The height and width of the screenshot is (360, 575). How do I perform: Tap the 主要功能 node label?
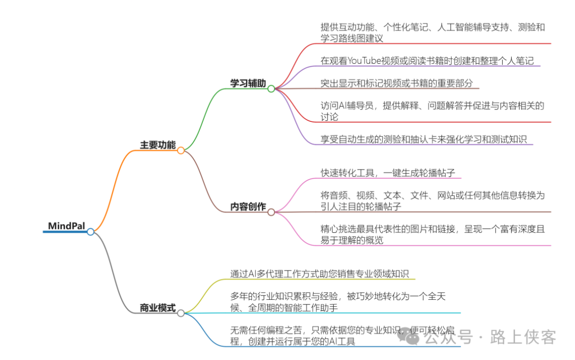[158, 145]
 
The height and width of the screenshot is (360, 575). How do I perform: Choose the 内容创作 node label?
[248, 207]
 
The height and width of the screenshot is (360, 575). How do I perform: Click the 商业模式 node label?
[158, 308]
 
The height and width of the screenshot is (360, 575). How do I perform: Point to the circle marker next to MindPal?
[91, 232]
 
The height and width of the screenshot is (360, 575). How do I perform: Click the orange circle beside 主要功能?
[181, 151]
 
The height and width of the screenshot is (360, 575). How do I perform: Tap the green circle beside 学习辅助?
[271, 89]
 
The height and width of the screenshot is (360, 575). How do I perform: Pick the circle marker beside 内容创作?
[271, 212]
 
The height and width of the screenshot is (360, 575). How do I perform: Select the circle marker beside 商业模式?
[181, 313]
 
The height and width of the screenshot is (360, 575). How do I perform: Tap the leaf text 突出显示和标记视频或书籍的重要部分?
[397, 84]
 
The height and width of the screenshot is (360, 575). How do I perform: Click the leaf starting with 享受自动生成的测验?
[423, 140]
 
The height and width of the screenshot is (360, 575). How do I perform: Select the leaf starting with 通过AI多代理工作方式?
[319, 274]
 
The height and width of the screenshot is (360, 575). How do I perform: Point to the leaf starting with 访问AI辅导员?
[432, 111]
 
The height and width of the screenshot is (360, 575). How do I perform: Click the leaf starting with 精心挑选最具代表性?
[432, 234]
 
